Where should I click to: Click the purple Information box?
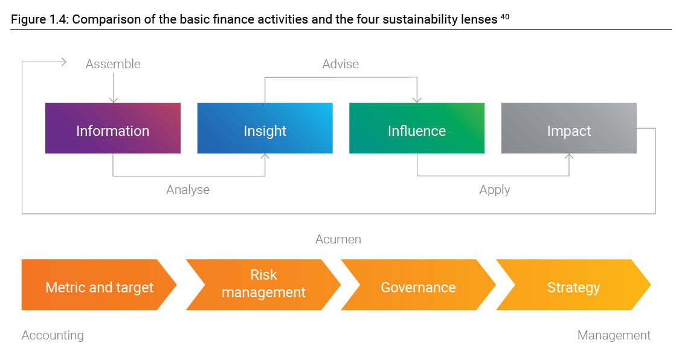[x=113, y=128]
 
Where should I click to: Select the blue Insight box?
[x=265, y=128]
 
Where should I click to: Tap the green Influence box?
[x=417, y=128]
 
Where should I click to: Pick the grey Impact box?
[x=569, y=128]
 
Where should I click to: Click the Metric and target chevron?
[x=99, y=284]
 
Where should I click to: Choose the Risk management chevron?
[x=263, y=284]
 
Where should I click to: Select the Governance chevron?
[x=418, y=284]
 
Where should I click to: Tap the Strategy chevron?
[x=573, y=284]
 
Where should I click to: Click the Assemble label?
[x=113, y=64]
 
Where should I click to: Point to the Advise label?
[x=340, y=64]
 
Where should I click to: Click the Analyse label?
[x=188, y=190]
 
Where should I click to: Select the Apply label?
[x=495, y=190]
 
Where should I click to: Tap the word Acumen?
[x=338, y=239]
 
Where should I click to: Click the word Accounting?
[x=53, y=335]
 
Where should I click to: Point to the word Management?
[x=614, y=335]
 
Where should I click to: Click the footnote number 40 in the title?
[x=505, y=17]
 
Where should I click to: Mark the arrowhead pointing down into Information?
[x=114, y=100]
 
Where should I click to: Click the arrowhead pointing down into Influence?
[x=417, y=100]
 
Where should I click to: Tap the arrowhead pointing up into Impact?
[x=569, y=156]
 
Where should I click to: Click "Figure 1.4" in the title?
[x=39, y=19]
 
